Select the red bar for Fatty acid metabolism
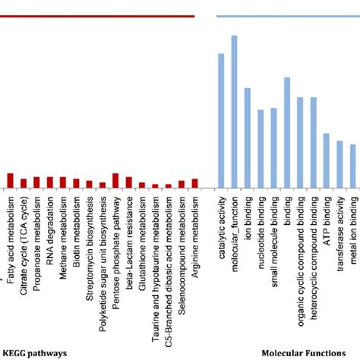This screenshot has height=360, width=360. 11,180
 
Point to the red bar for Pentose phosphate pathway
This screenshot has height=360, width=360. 115,180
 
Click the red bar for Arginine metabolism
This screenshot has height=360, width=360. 194,183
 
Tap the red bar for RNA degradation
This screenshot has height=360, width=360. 50,182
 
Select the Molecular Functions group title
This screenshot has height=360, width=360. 308,352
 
